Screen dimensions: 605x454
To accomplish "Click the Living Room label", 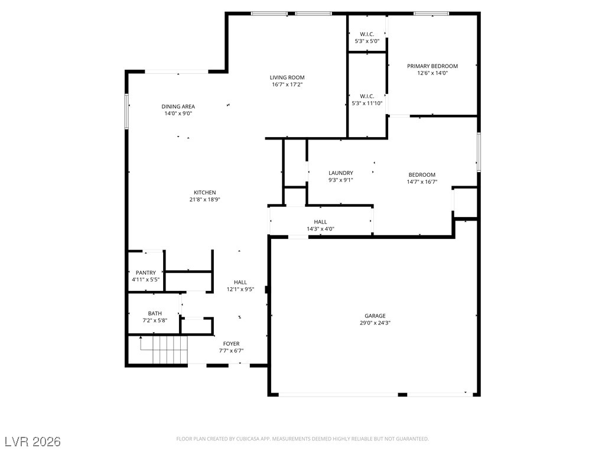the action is tap(287, 77).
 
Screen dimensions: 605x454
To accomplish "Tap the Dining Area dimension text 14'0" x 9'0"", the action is tap(178, 113).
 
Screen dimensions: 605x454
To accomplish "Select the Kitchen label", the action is tap(205, 193).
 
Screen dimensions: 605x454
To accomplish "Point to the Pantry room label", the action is tap(146, 273).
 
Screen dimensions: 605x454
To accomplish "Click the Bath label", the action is tap(155, 313).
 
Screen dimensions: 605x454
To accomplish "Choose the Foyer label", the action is tap(231, 343).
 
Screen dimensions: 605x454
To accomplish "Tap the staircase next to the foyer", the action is tap(164, 350).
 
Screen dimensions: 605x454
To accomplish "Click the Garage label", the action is tap(375, 316).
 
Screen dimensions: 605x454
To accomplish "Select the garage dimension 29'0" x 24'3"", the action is tap(375, 323).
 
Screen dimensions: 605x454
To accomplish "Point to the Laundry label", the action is tap(341, 173).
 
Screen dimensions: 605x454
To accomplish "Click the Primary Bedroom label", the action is tap(432, 66).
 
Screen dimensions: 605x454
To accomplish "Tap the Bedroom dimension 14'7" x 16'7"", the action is tap(422, 182).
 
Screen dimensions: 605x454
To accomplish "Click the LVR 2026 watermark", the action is tap(33, 442).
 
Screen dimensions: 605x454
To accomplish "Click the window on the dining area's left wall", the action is tap(126, 111).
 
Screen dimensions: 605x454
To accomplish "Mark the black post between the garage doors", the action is tap(402, 394).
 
